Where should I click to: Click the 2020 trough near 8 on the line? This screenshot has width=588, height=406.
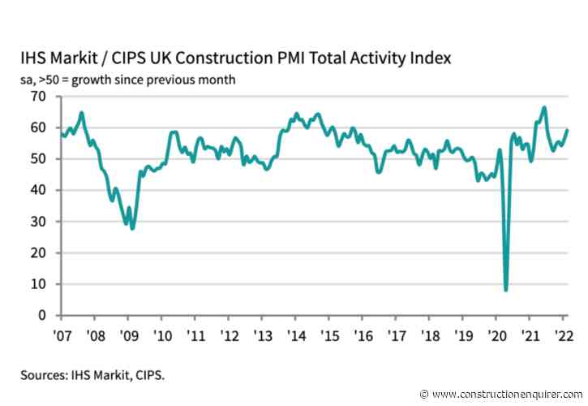(x=506, y=290)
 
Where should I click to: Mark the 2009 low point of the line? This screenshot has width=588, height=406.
(x=132, y=228)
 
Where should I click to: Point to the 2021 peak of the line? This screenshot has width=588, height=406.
(x=543, y=107)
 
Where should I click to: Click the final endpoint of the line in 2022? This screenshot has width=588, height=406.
(x=567, y=130)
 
